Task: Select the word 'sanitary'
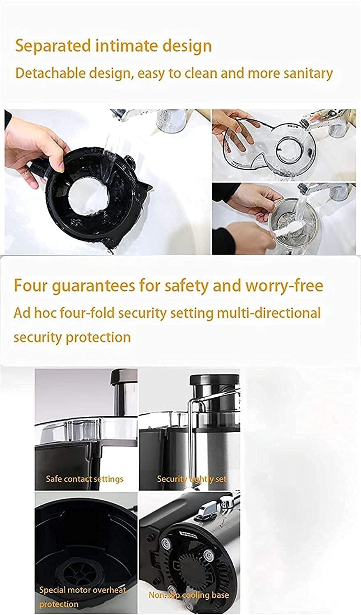coord(308,73)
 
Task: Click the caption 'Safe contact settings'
coord(84,479)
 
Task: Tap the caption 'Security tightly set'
coord(191,479)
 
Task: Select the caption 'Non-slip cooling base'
coord(189,595)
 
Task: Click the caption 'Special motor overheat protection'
coord(82,597)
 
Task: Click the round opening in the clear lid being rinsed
coord(291,146)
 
